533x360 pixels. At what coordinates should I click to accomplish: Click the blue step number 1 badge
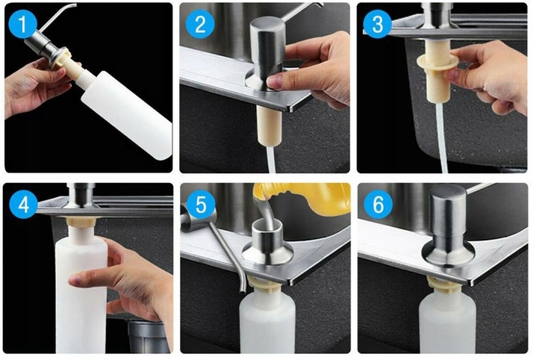coord(22,24)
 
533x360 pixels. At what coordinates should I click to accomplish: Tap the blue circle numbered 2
coord(200,24)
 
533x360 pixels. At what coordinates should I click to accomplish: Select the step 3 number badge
coord(377,24)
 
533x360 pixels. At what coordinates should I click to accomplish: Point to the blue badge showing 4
coord(23,205)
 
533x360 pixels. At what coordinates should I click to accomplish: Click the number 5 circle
coord(201,205)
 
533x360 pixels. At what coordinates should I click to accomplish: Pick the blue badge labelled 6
coord(378,205)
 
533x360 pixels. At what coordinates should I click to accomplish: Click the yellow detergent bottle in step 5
coord(306,199)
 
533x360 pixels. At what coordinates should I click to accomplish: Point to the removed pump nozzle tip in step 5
coord(242,290)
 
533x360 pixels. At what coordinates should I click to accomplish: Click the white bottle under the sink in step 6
coord(447,323)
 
